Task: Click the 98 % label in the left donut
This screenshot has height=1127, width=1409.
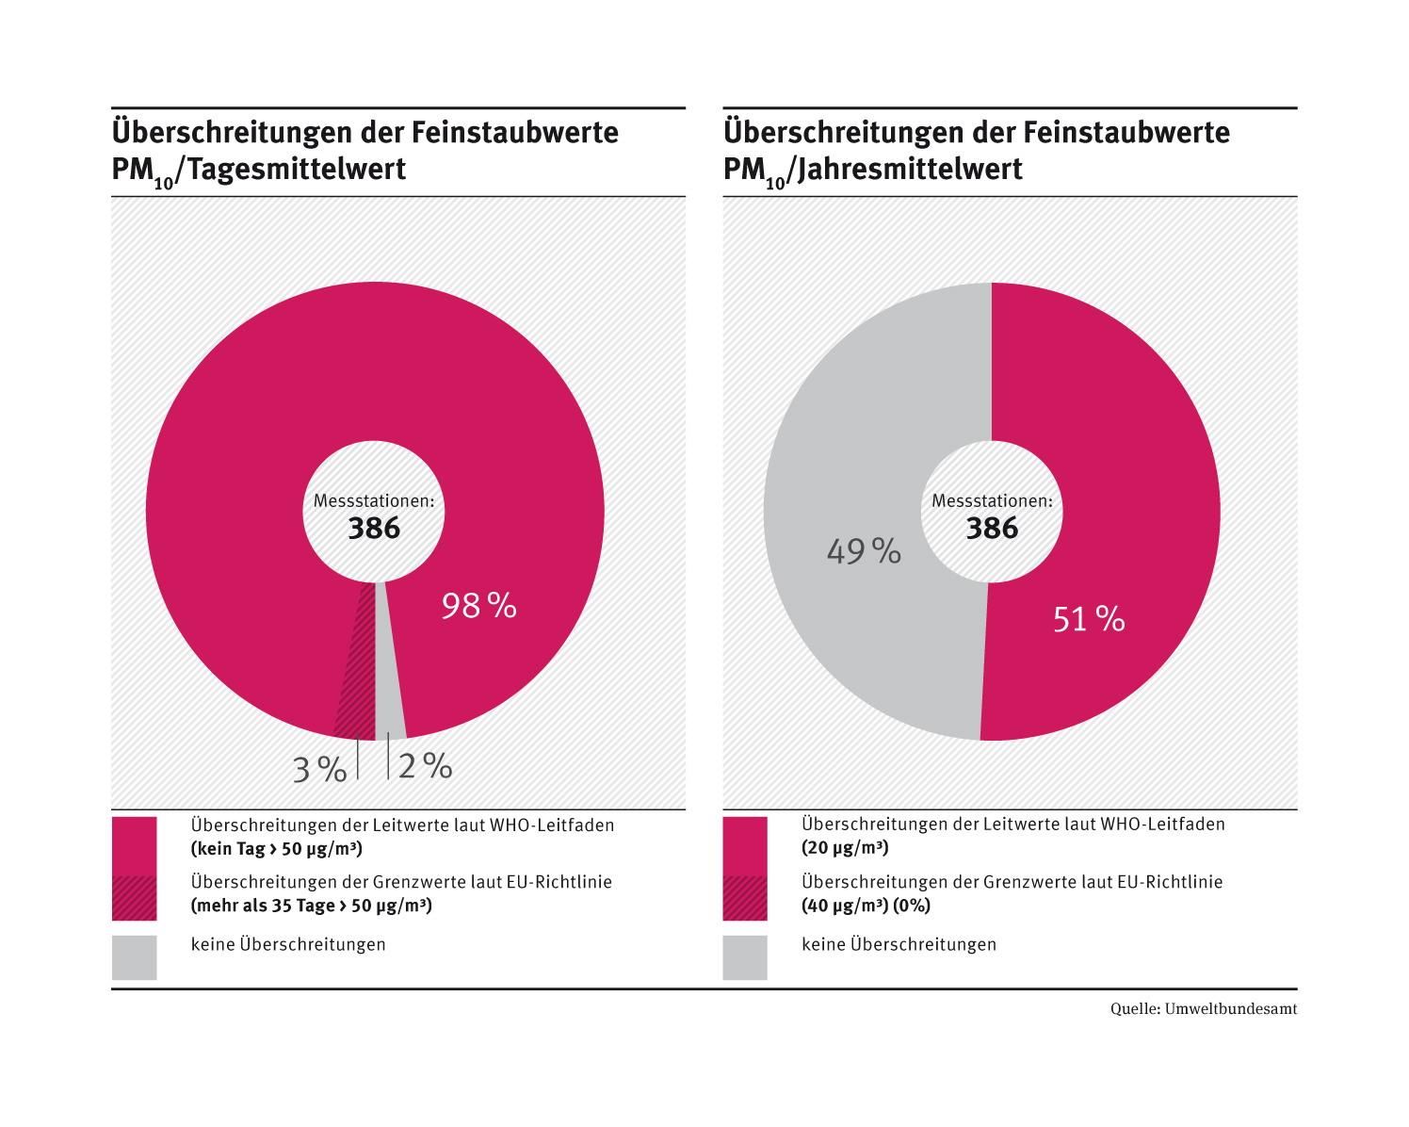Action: click(478, 606)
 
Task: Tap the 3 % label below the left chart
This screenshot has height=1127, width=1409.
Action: click(319, 770)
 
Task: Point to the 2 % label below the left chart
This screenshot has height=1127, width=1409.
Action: click(425, 766)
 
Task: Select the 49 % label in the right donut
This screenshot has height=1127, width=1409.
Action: click(864, 551)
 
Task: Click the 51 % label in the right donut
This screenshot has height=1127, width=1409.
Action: click(1089, 619)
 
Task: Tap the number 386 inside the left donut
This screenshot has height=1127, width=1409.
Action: click(374, 529)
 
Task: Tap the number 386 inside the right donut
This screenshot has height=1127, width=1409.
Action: click(992, 529)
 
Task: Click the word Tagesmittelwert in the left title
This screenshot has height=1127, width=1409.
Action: click(297, 170)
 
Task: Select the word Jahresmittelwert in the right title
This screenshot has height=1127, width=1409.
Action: click(910, 170)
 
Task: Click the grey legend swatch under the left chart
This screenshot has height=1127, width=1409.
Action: click(134, 957)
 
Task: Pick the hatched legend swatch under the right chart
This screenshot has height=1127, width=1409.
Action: click(745, 898)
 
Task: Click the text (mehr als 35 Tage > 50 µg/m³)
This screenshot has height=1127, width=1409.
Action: click(311, 906)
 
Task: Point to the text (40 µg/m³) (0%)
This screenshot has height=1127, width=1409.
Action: click(866, 906)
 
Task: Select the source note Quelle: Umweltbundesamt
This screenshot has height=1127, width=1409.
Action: click(1203, 1009)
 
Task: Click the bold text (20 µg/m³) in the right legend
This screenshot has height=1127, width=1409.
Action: click(845, 847)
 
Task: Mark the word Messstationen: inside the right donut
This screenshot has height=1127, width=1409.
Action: click(992, 501)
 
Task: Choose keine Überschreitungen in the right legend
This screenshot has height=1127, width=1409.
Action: click(899, 944)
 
